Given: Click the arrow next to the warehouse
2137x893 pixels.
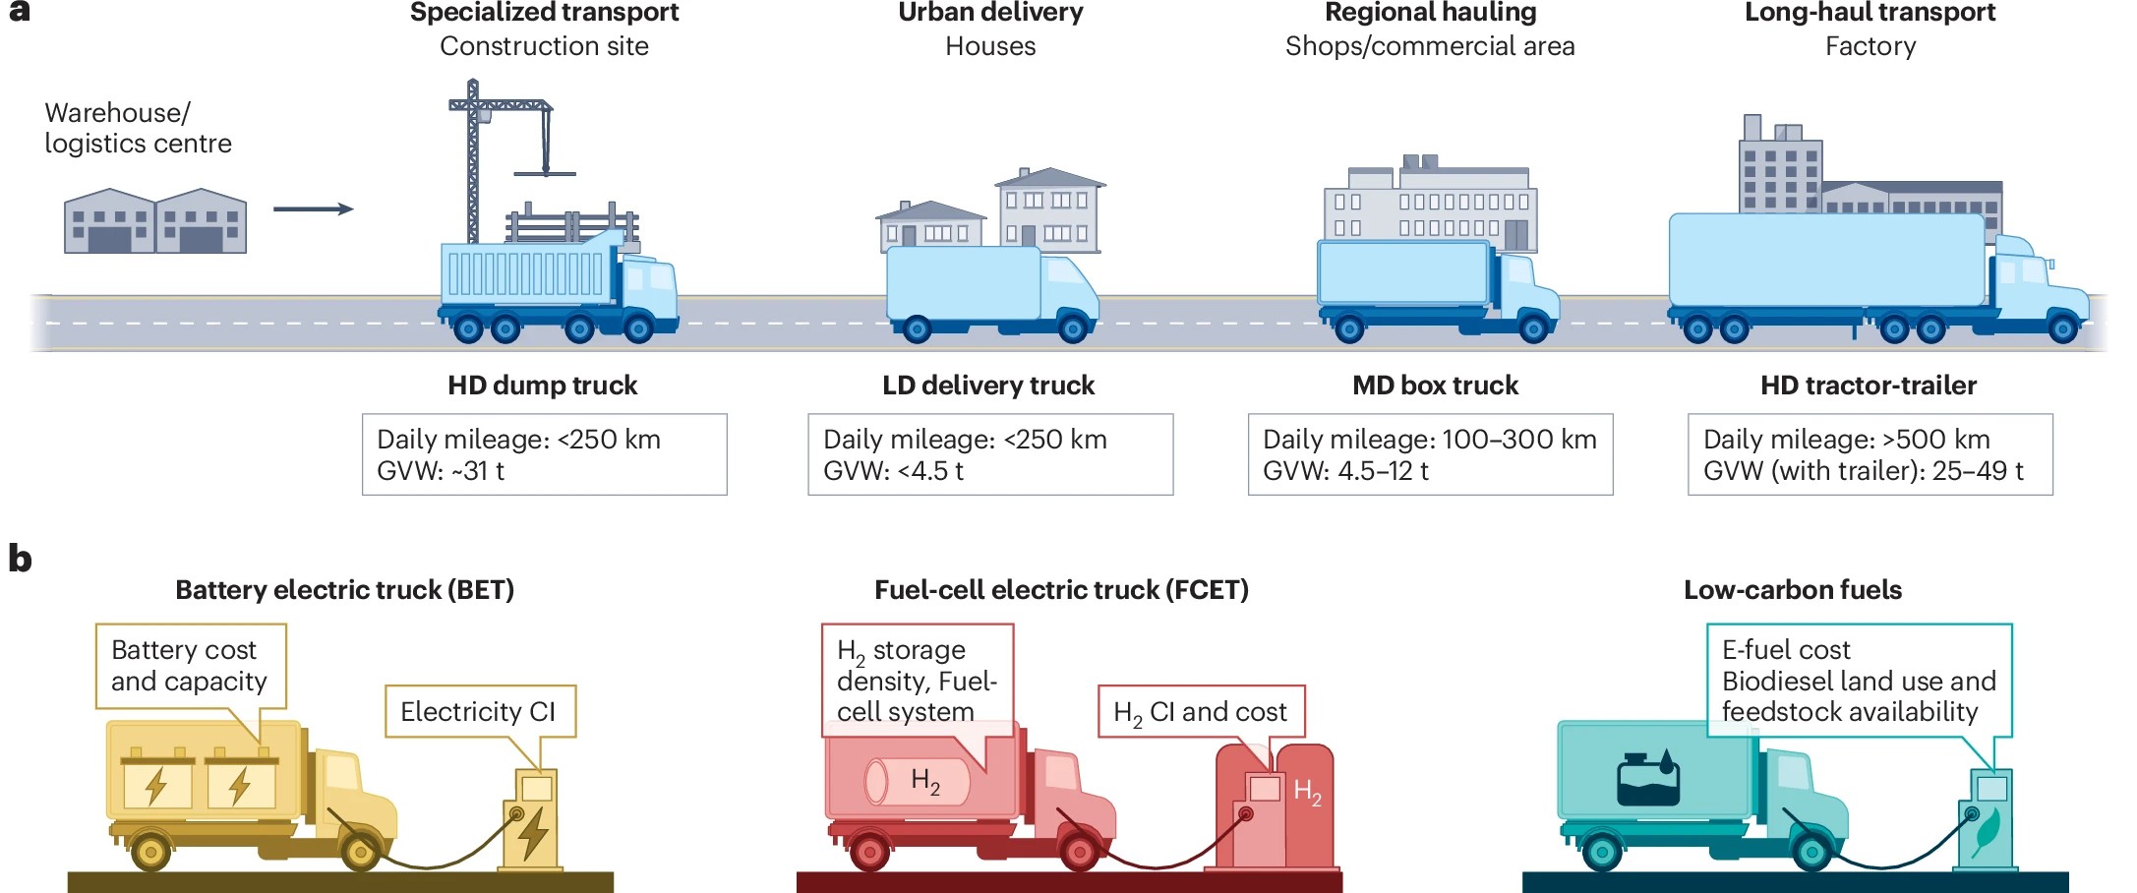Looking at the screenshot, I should point(313,208).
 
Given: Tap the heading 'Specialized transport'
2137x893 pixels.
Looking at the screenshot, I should point(544,13).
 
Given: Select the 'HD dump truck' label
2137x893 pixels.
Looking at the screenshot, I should point(542,386).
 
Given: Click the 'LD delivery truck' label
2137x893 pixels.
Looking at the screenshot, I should point(987,386).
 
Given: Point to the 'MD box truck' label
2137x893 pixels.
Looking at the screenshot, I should point(1435,386).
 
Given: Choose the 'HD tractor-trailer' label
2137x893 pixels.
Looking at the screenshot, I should point(1868,386).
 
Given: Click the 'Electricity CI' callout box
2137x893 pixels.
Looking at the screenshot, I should point(478,712).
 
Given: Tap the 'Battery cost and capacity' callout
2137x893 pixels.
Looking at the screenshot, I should point(190,666).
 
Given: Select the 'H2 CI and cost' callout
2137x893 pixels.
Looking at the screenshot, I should point(1200,712).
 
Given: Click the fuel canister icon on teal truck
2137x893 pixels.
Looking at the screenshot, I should point(1648,781).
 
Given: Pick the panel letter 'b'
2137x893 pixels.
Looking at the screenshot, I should point(20,559).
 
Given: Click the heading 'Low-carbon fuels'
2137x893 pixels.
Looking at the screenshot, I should point(1792,590).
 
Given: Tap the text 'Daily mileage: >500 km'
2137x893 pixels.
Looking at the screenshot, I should point(1846,440).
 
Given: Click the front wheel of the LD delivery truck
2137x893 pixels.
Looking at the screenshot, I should point(1073,328).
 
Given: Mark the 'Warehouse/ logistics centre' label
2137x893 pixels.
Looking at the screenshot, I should point(138,128).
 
